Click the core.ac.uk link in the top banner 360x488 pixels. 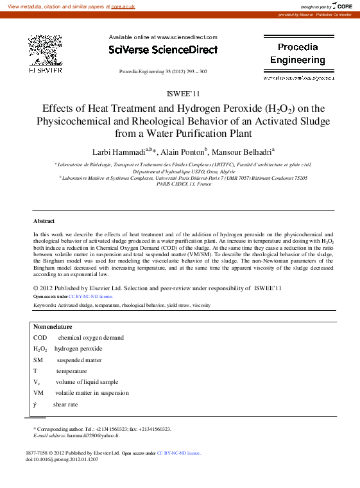tap(123, 6)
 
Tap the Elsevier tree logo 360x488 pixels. tap(45, 51)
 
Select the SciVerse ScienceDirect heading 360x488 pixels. tap(163, 49)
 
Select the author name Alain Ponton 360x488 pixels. tap(182, 152)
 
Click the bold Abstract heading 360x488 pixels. tap(44, 221)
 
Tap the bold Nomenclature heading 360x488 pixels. tap(53, 326)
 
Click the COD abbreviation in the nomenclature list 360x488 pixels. tap(40, 337)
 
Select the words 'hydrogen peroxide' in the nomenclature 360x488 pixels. tap(78, 349)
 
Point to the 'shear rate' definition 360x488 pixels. tap(65, 405)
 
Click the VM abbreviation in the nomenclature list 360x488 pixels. tap(39, 392)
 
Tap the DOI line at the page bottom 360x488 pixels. tap(62, 460)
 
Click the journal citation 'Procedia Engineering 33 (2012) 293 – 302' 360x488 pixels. tap(163, 71)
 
